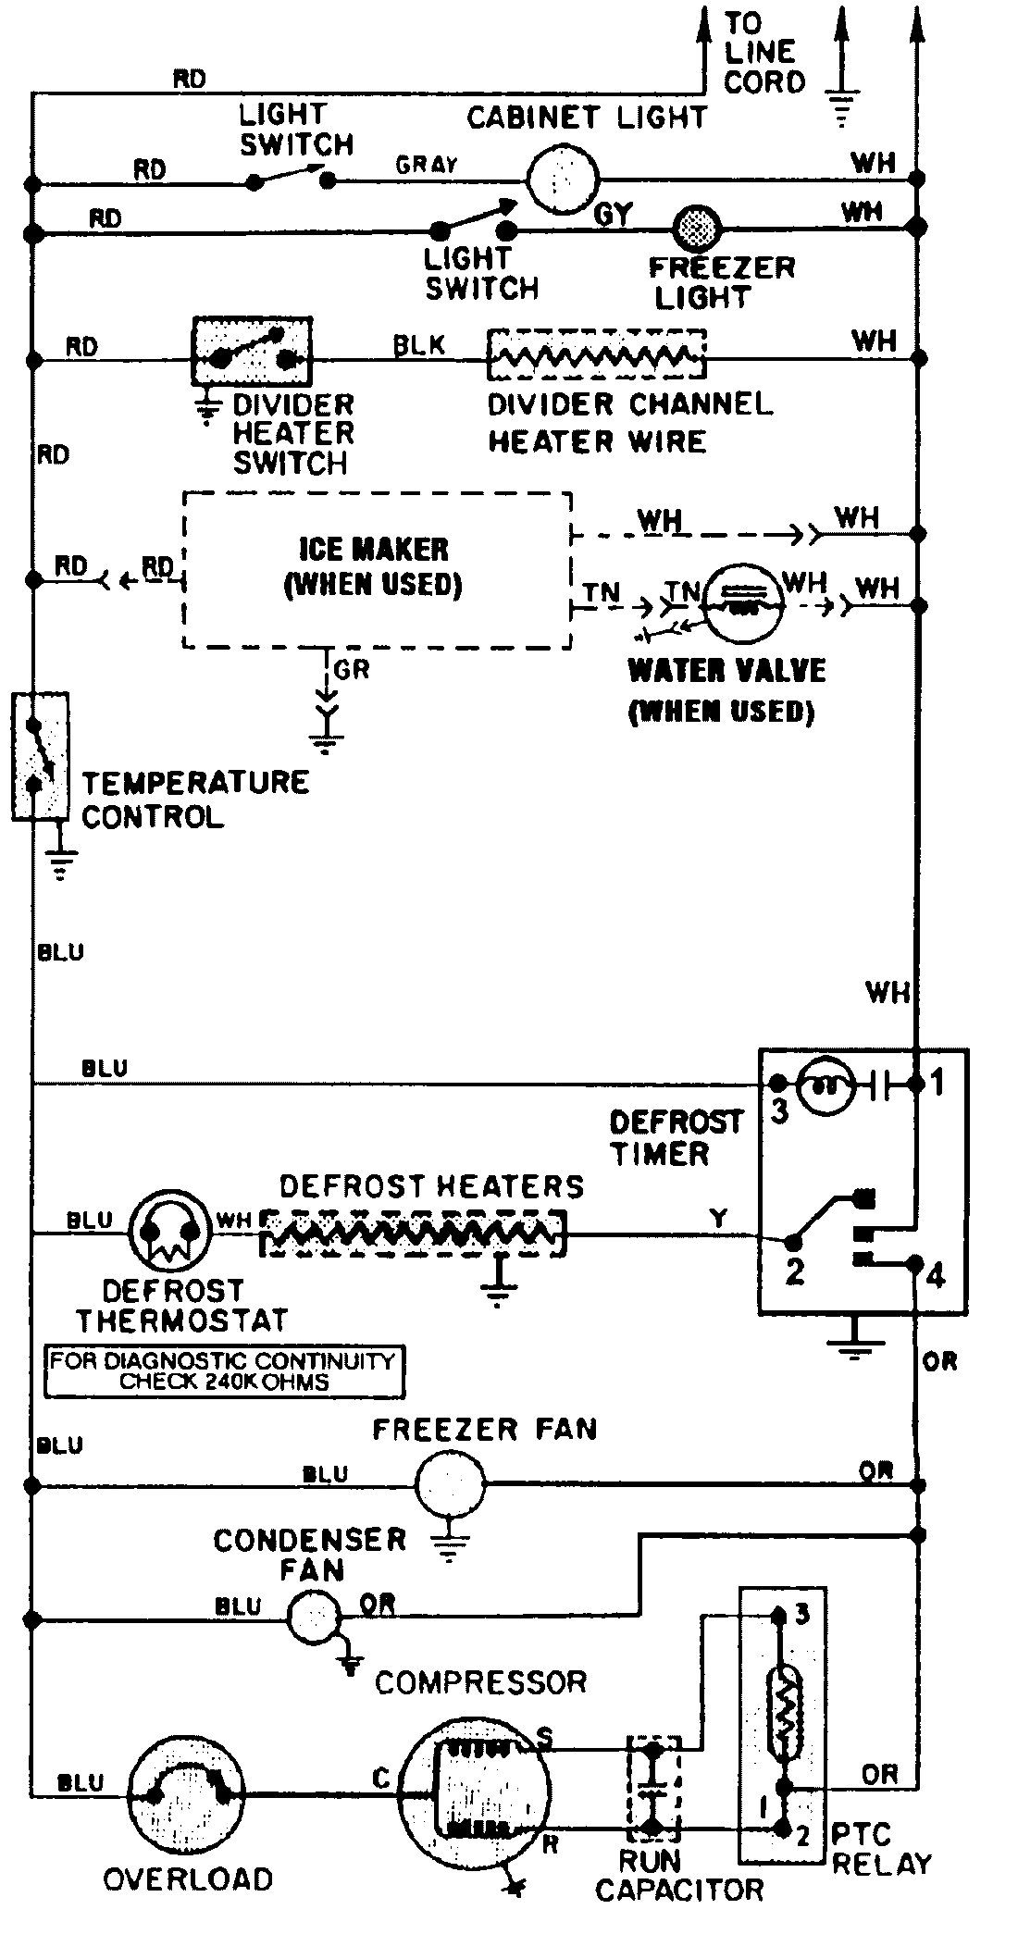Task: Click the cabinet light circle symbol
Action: (562, 180)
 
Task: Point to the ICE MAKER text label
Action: (373, 550)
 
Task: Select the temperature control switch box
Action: (40, 756)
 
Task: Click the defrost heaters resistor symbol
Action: (413, 1234)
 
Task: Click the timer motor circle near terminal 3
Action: (825, 1085)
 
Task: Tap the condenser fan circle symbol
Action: (314, 1617)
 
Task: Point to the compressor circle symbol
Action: (474, 1793)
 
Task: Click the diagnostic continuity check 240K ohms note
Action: (223, 1371)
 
